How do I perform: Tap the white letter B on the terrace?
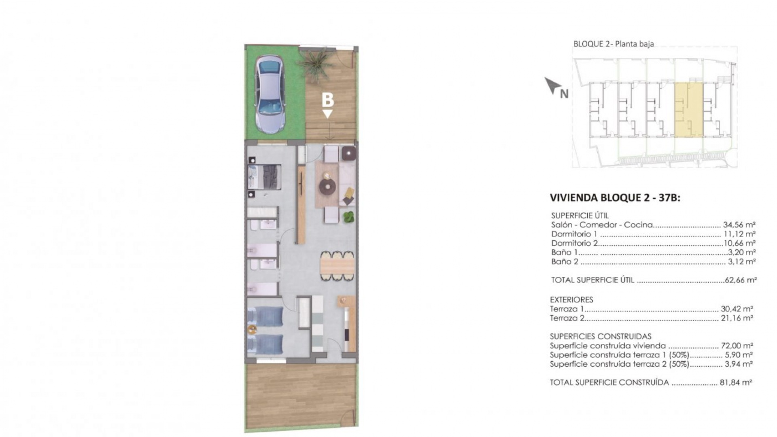click(x=327, y=100)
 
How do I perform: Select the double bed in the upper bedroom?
click(x=264, y=177)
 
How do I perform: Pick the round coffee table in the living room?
click(x=327, y=187)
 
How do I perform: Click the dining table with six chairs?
click(x=337, y=266)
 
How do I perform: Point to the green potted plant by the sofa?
click(x=348, y=217)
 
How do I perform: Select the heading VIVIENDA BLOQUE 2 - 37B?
click(x=615, y=197)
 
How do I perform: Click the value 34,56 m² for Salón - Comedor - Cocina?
click(x=739, y=225)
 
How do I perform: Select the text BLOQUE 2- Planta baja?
click(x=614, y=44)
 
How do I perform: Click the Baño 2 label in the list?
click(x=565, y=262)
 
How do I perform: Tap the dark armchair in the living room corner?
click(x=349, y=153)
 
